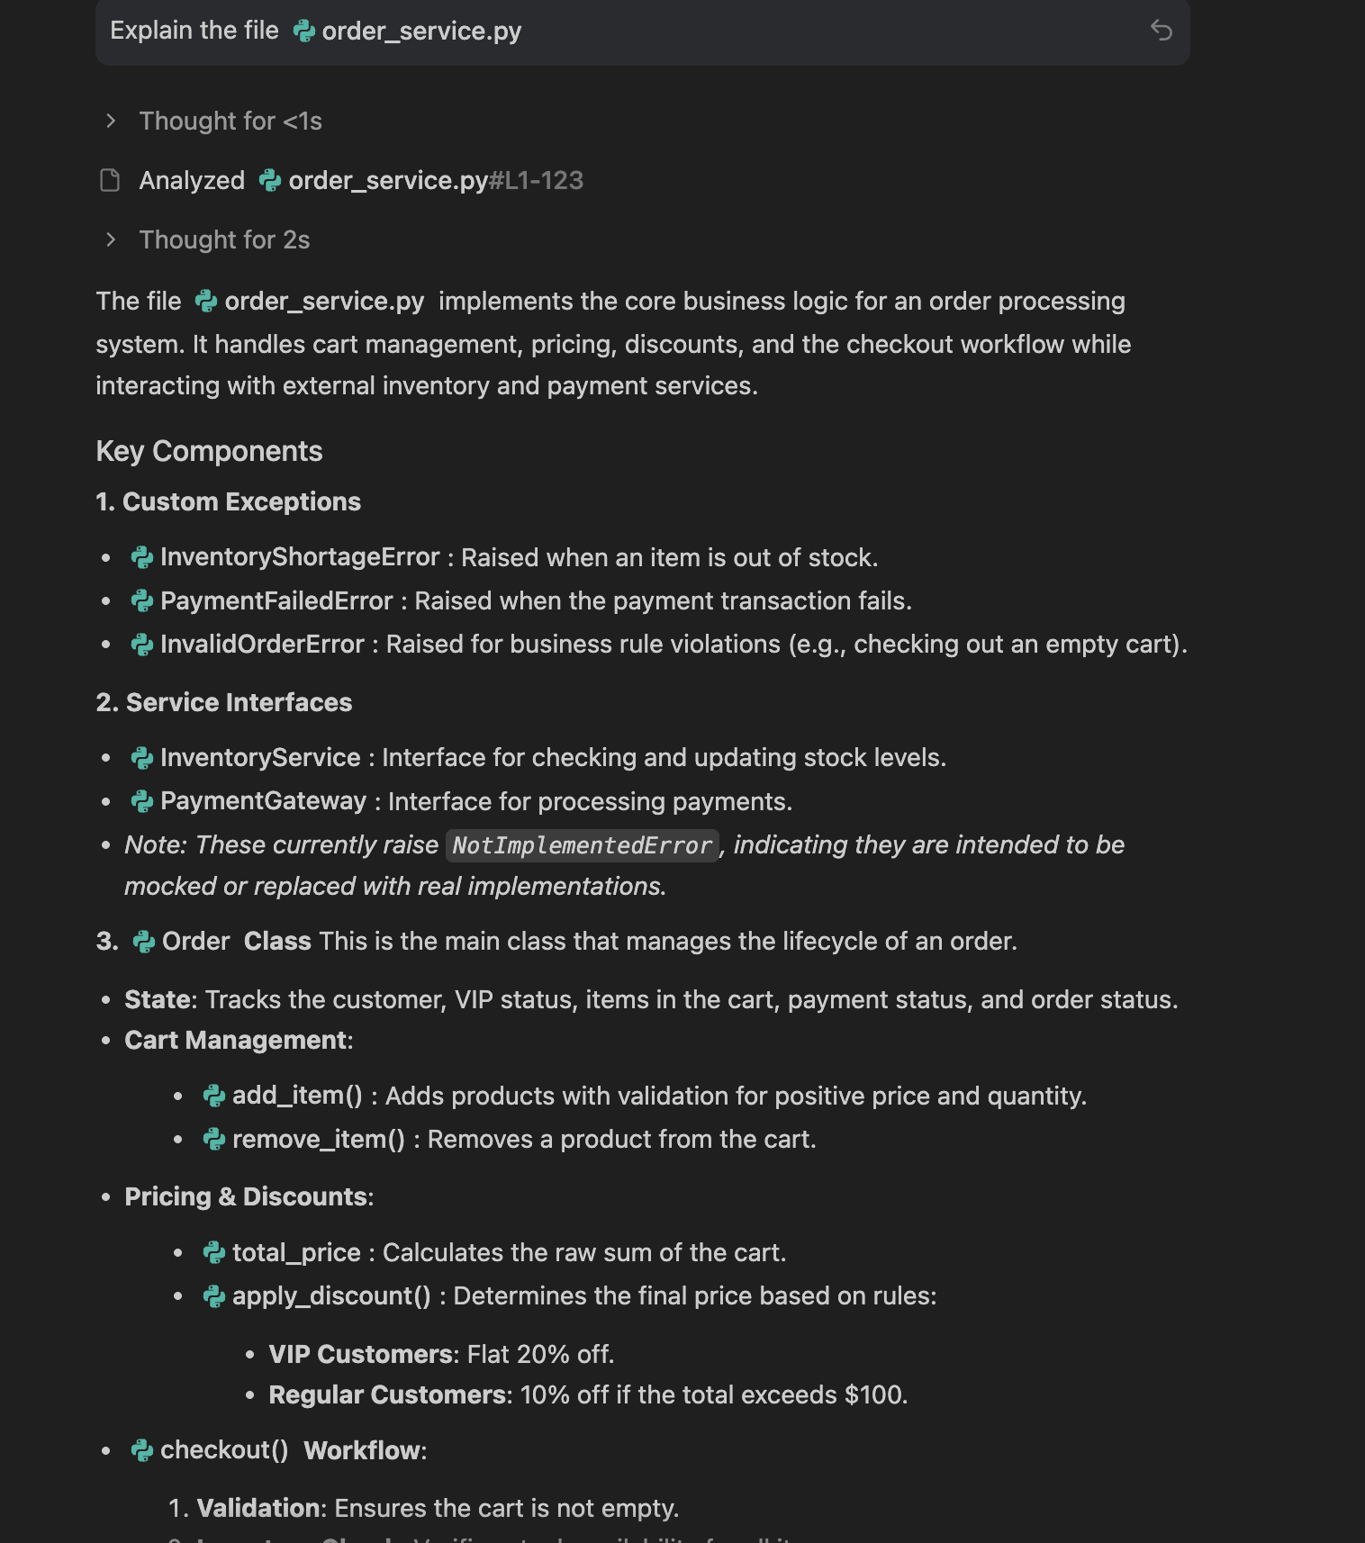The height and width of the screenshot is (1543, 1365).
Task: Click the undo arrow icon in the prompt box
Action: [1161, 31]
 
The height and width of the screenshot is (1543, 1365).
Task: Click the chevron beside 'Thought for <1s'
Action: [111, 121]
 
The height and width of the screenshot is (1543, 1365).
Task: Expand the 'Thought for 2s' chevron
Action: [111, 239]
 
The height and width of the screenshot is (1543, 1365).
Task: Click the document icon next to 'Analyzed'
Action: [110, 180]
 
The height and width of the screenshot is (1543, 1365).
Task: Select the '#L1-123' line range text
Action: [536, 180]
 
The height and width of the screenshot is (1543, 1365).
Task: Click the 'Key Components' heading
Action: [209, 451]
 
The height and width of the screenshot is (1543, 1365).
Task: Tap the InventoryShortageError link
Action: [299, 557]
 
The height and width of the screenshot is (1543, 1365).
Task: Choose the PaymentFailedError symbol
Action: [276, 600]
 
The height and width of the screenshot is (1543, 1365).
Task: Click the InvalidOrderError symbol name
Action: [261, 644]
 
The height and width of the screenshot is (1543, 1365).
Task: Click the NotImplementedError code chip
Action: [582, 845]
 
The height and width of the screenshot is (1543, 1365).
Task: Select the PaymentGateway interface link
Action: [263, 801]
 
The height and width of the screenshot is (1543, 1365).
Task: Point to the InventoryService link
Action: [259, 758]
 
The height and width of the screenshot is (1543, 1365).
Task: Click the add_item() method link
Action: [296, 1096]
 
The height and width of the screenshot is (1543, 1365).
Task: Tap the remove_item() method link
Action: [318, 1139]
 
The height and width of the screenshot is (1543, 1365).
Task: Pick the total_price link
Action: [295, 1252]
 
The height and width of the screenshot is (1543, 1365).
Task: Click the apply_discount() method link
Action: [330, 1295]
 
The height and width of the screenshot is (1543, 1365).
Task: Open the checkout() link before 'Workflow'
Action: [223, 1450]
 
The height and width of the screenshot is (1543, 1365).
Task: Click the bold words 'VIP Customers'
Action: [360, 1354]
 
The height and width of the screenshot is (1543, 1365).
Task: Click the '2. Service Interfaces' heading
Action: [224, 702]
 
